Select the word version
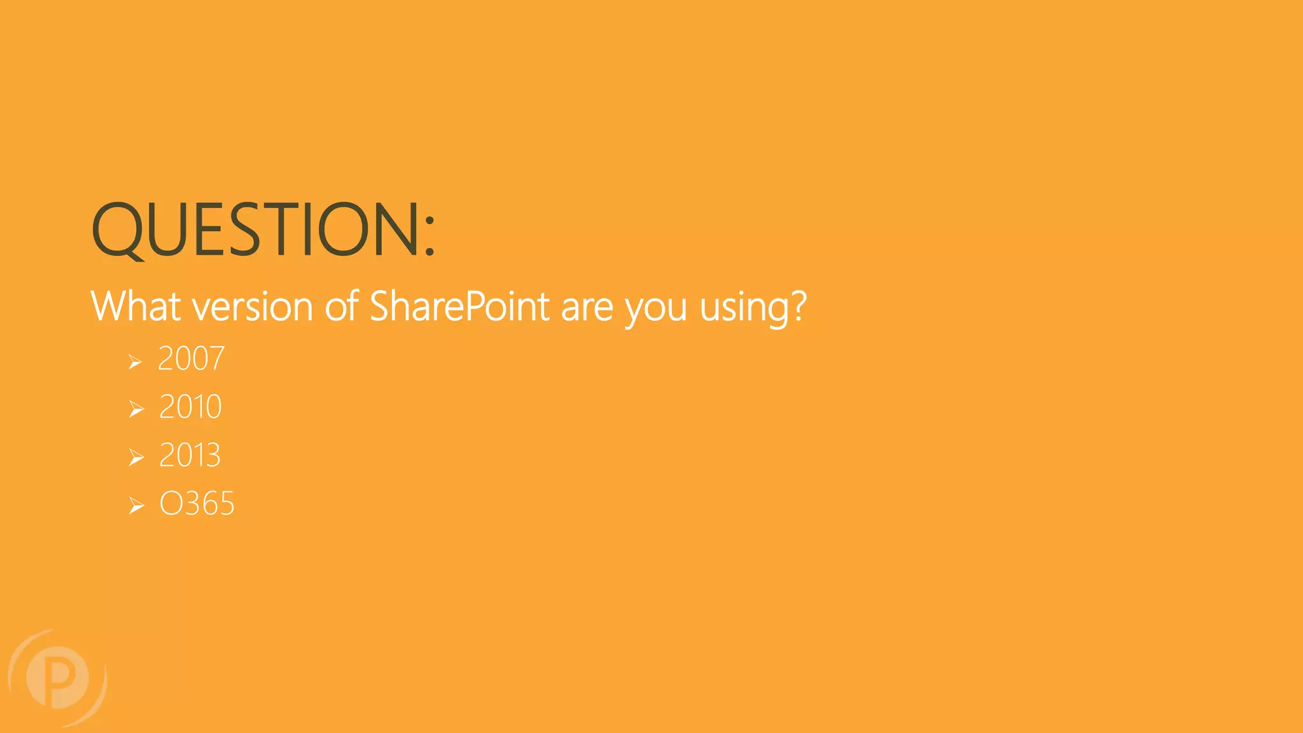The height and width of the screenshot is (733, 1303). click(253, 307)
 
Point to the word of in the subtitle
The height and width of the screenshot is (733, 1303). click(342, 307)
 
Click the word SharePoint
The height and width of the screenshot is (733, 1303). click(459, 307)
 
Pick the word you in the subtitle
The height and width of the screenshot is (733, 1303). click(656, 309)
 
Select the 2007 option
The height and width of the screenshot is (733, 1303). click(191, 359)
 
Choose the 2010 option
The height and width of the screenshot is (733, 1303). click(190, 407)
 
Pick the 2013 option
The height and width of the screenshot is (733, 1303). click(190, 456)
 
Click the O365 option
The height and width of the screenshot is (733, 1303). click(197, 504)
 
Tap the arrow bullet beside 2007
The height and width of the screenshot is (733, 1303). click(135, 362)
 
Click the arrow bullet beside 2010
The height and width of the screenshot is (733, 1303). click(136, 409)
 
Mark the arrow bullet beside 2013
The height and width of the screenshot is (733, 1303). click(136, 457)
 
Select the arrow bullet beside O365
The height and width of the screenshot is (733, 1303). click(136, 506)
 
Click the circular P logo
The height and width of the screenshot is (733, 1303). click(57, 678)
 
